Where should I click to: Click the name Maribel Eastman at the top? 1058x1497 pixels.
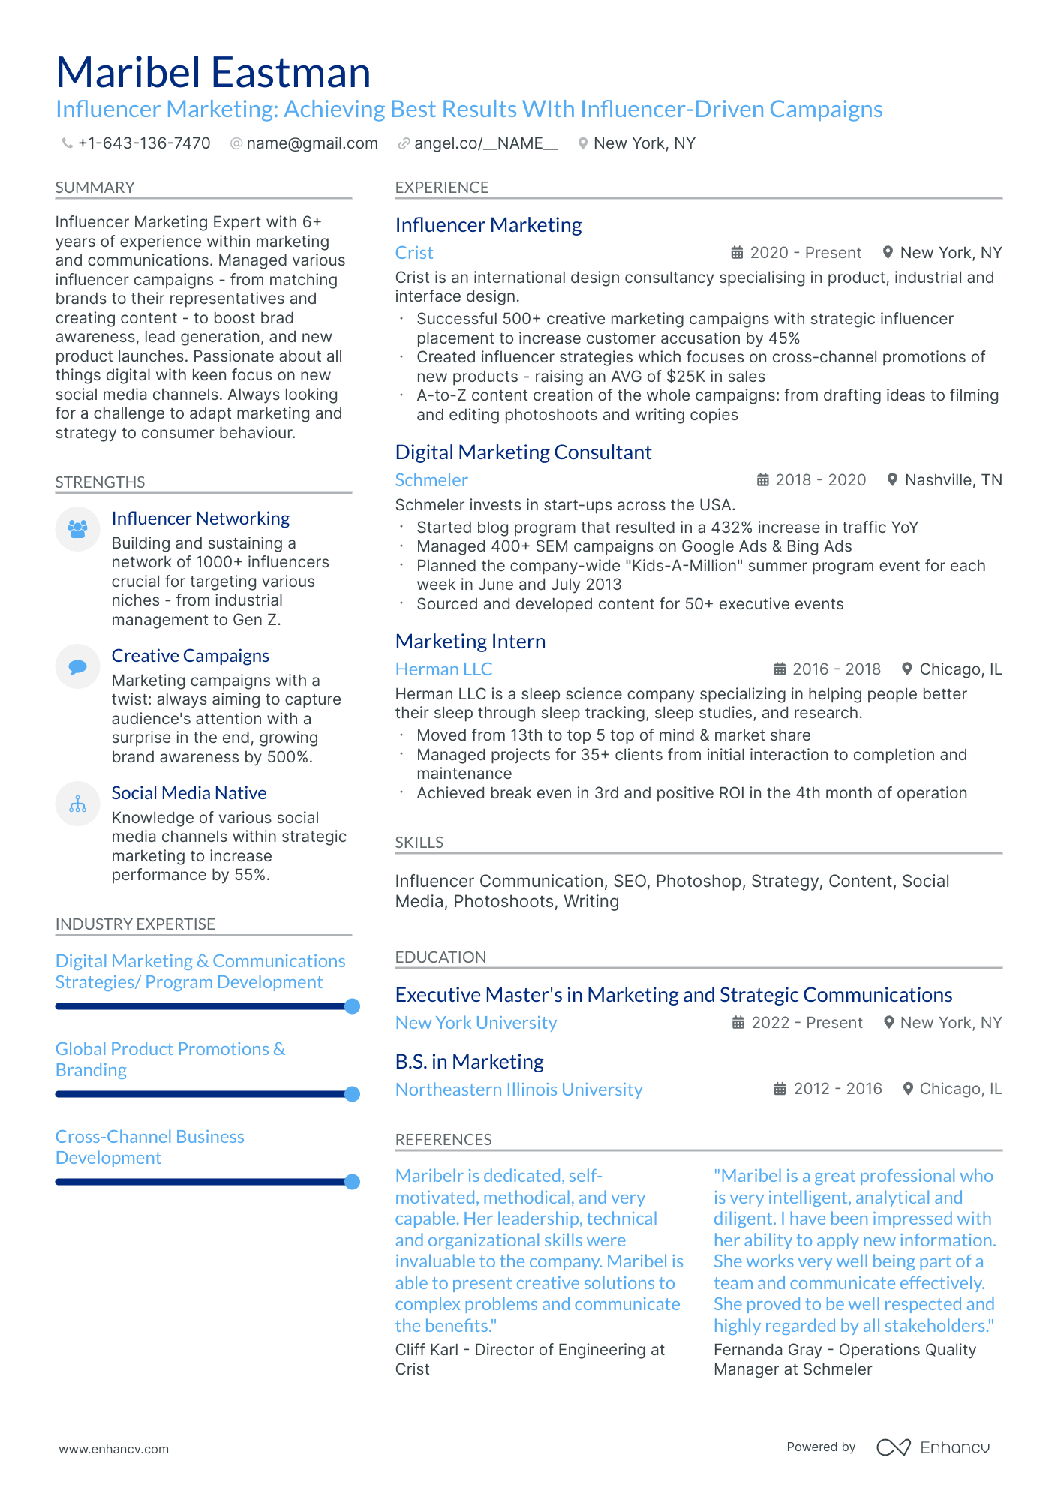pyautogui.click(x=213, y=73)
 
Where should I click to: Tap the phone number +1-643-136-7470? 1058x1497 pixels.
pyautogui.click(x=143, y=143)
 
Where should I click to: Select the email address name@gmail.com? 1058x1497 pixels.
pyautogui.click(x=311, y=143)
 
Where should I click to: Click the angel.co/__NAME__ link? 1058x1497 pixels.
pyautogui.click(x=485, y=143)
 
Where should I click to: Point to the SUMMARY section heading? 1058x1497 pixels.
pyautogui.click(x=95, y=188)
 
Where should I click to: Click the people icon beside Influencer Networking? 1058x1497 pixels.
pyautogui.click(x=77, y=529)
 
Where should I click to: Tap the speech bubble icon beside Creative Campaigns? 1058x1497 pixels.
pyautogui.click(x=77, y=666)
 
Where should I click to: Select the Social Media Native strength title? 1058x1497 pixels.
pyautogui.click(x=188, y=793)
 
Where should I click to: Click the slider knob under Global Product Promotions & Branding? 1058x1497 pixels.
pyautogui.click(x=352, y=1094)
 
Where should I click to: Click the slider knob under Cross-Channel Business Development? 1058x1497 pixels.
pyautogui.click(x=352, y=1182)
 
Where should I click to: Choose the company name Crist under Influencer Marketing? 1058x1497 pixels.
pyautogui.click(x=414, y=253)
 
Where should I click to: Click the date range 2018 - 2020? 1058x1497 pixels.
pyautogui.click(x=820, y=480)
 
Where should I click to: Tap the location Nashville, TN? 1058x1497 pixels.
pyautogui.click(x=953, y=480)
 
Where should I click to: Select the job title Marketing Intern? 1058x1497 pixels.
pyautogui.click(x=470, y=642)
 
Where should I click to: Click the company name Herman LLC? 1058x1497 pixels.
pyautogui.click(x=443, y=669)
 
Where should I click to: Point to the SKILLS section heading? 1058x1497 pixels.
pyautogui.click(x=419, y=843)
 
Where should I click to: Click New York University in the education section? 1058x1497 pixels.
pyautogui.click(x=476, y=1023)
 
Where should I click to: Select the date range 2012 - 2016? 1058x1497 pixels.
pyautogui.click(x=837, y=1089)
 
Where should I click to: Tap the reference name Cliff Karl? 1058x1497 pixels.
pyautogui.click(x=426, y=1350)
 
